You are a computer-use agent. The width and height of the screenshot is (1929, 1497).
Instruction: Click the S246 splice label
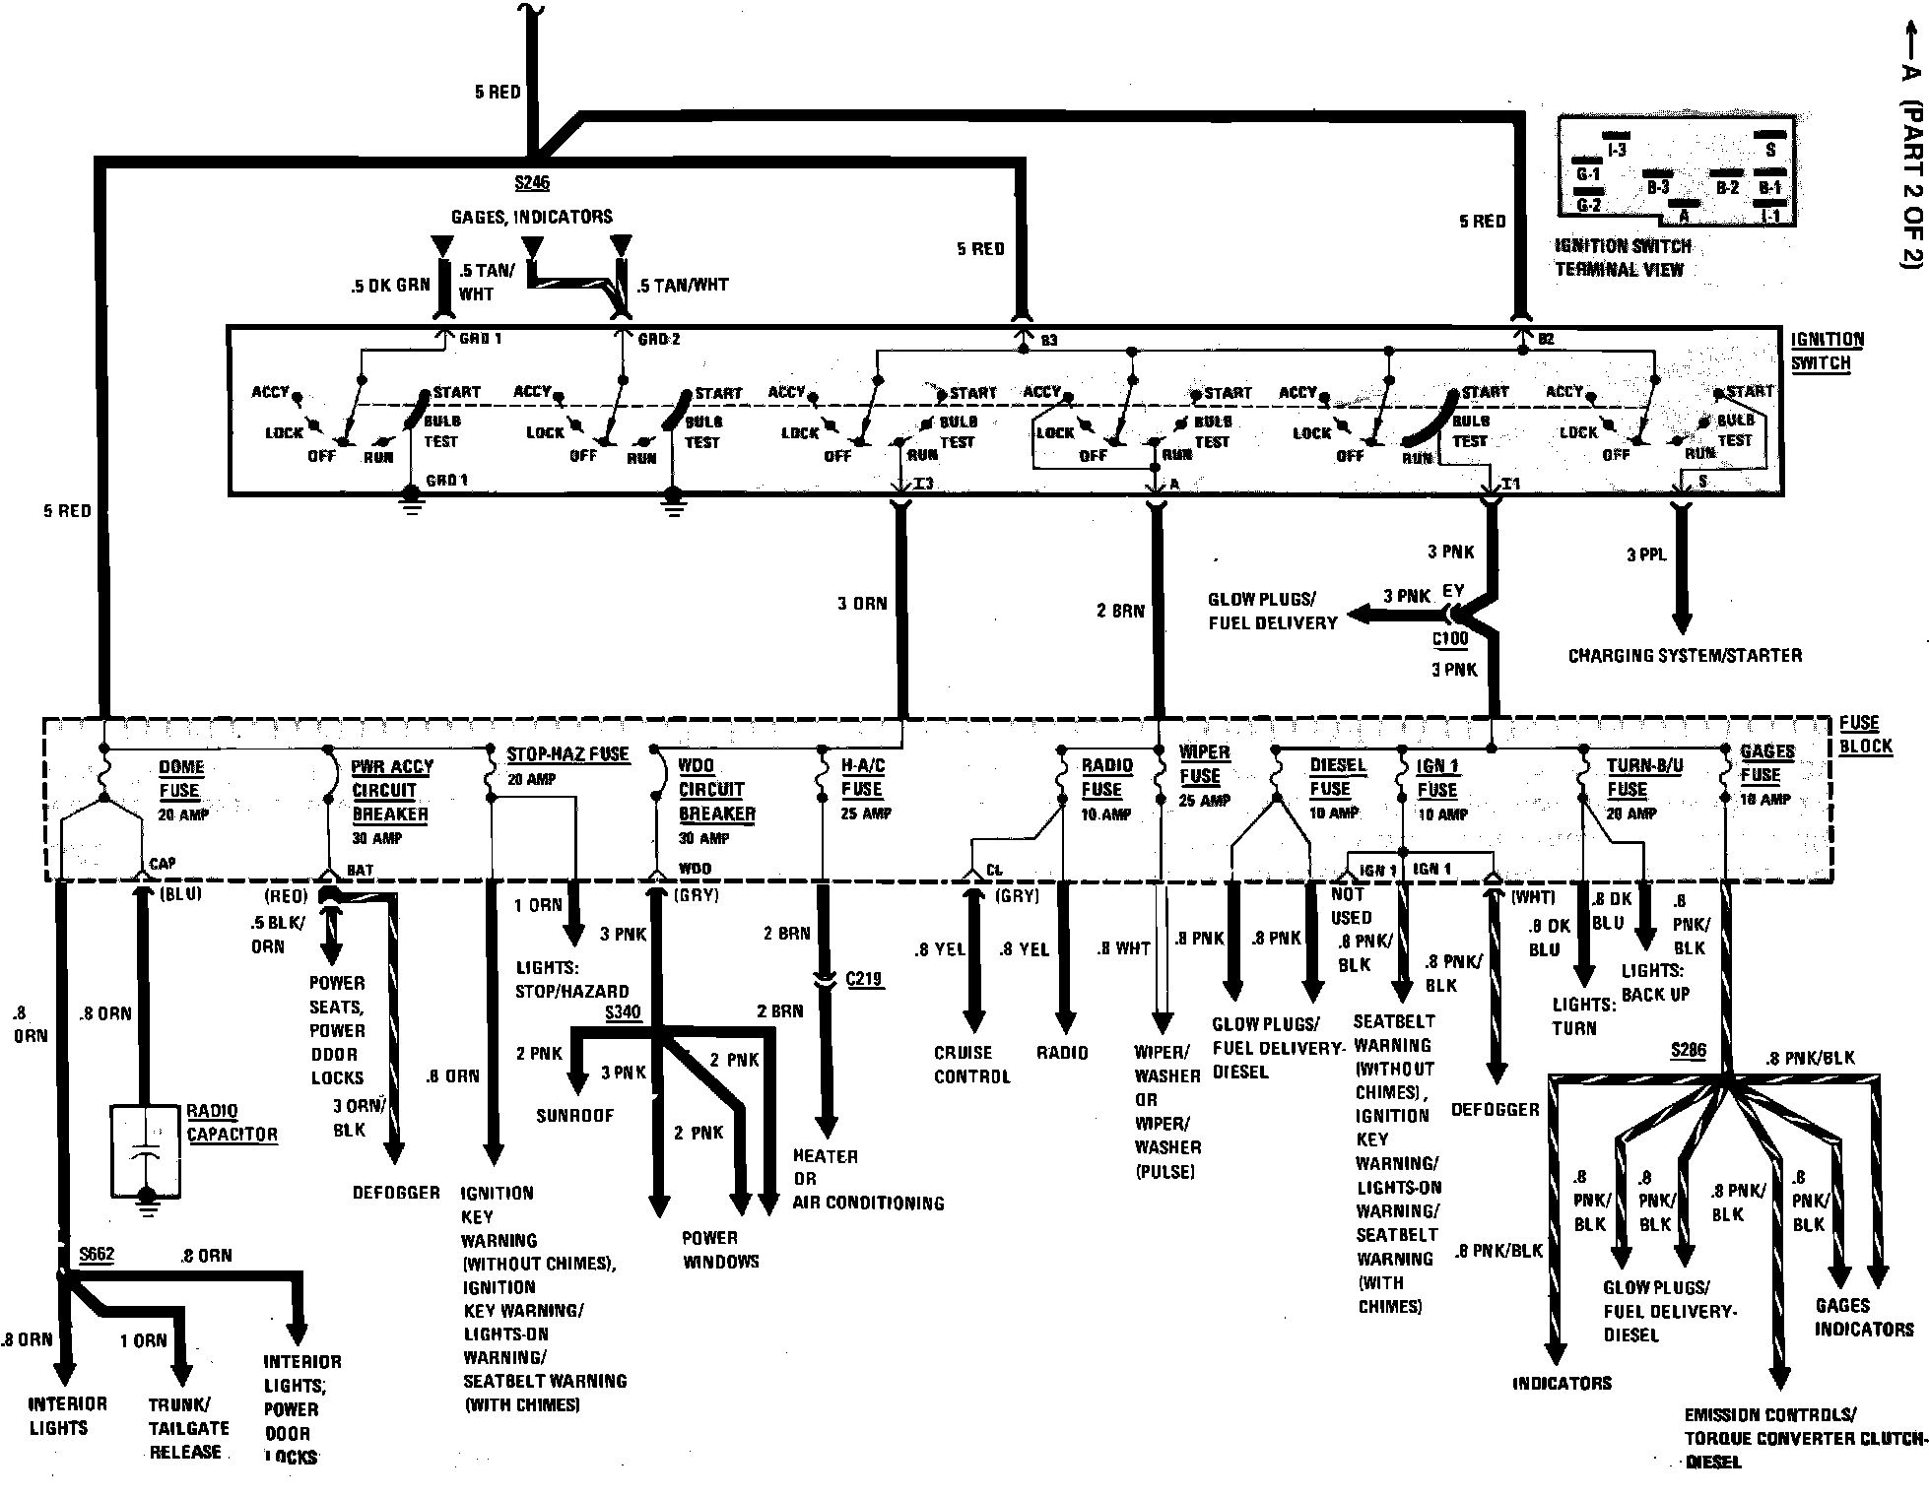[531, 183]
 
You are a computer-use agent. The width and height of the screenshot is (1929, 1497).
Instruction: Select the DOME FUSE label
[180, 778]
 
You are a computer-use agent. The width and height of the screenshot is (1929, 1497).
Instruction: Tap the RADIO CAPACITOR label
[232, 1123]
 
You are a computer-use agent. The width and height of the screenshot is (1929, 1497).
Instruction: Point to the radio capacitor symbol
[146, 1148]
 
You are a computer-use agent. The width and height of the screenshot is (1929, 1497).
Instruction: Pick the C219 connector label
[864, 979]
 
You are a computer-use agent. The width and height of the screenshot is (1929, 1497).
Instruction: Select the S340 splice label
[622, 1012]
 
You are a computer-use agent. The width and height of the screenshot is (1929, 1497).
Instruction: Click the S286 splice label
[1688, 1051]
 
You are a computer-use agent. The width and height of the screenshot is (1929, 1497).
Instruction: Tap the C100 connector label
[1450, 638]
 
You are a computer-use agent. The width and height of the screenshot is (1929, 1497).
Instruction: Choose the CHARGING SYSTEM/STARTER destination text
[1685, 655]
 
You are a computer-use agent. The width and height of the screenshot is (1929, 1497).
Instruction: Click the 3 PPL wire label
[1646, 554]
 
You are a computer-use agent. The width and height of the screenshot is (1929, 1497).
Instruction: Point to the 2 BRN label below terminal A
[1120, 611]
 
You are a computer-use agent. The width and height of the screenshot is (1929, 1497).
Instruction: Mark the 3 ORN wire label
[862, 603]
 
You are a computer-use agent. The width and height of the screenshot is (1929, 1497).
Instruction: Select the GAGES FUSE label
[1767, 762]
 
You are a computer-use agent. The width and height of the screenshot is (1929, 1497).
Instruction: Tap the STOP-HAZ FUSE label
[567, 754]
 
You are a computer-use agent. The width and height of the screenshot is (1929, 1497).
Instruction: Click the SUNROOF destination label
[574, 1115]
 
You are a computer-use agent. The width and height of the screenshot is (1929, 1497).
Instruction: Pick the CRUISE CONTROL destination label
[971, 1065]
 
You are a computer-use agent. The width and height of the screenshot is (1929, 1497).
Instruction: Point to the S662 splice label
[97, 1255]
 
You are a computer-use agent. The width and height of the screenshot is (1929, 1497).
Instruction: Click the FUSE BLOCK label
[1865, 735]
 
